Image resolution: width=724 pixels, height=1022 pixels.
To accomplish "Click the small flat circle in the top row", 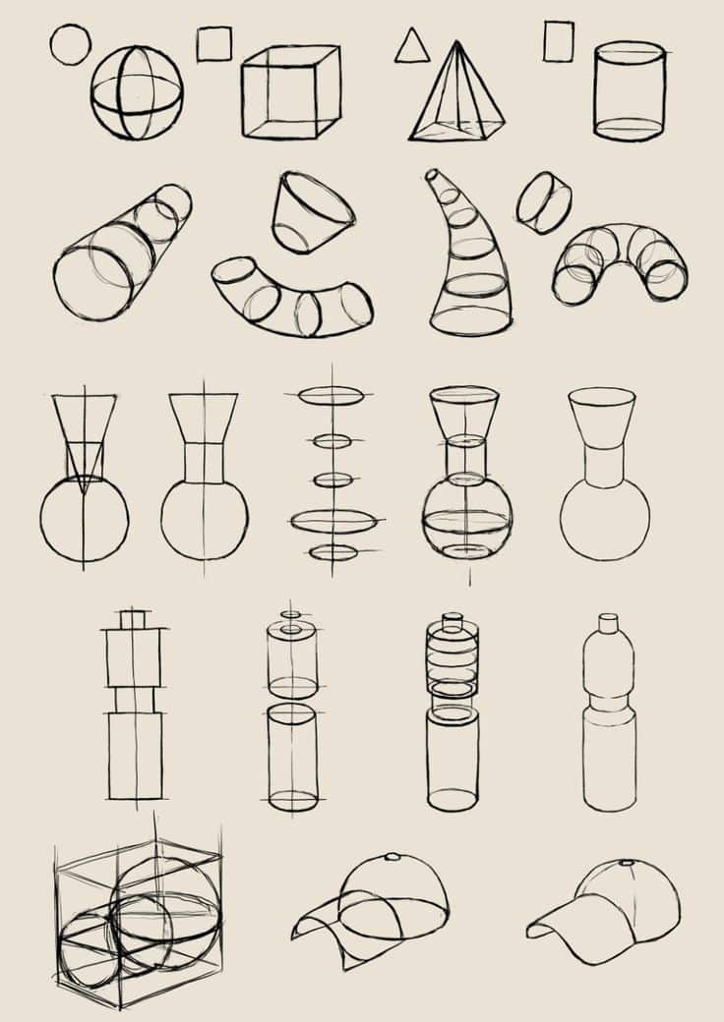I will (70, 44).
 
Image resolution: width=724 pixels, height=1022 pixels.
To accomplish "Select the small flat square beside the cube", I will (213, 44).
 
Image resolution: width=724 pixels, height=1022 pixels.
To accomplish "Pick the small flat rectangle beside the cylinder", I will (558, 42).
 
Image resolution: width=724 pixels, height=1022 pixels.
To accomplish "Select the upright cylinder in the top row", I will (629, 90).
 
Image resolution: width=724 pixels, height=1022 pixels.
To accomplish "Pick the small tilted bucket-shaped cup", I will (312, 212).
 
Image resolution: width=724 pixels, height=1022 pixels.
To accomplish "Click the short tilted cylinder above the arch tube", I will (544, 202).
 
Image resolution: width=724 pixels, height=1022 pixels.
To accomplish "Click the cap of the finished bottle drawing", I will (609, 623).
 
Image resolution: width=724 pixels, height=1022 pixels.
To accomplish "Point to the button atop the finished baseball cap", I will (627, 863).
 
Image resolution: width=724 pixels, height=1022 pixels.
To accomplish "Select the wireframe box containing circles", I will (138, 919).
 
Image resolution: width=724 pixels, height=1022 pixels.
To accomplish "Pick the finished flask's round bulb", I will (605, 521).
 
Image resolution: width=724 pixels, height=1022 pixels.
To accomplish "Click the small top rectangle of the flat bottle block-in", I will (134, 619).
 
